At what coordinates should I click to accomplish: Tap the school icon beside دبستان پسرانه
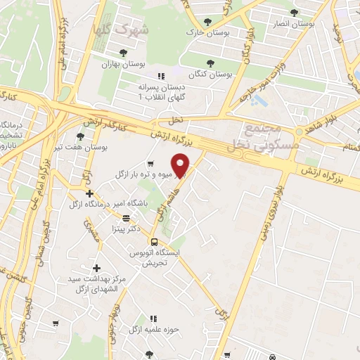click(x=160, y=76)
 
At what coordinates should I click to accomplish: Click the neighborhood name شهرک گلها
click(x=120, y=30)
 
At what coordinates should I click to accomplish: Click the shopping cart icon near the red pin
click(x=150, y=165)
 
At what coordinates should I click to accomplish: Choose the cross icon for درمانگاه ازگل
click(x=89, y=193)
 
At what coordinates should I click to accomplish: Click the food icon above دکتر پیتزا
click(x=126, y=217)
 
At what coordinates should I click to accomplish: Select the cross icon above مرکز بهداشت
click(x=97, y=268)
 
